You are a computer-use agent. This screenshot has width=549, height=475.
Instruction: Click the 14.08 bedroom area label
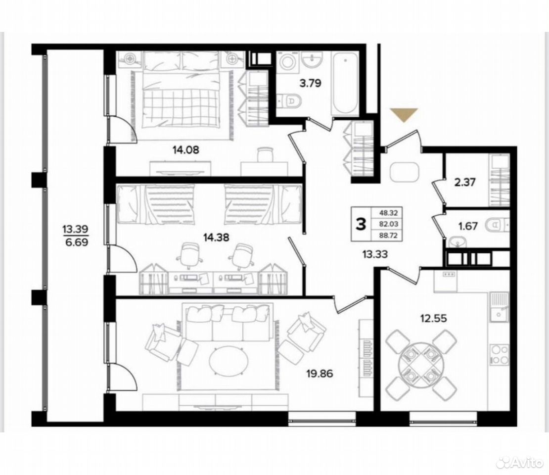coord(185,150)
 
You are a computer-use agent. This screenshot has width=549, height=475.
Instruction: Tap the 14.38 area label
coord(216,237)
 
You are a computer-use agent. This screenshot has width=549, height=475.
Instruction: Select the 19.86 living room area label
coord(320,374)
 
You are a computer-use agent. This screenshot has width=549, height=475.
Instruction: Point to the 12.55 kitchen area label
coord(433,319)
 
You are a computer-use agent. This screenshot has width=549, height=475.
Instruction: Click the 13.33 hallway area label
coord(374,254)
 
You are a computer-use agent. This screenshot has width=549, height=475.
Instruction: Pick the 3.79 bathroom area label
coord(310,83)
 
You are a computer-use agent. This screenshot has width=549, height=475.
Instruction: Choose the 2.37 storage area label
coord(464,183)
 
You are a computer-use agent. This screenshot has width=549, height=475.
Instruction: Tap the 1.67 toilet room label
coord(468,226)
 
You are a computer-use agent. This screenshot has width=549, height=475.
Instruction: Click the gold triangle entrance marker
coord(405,115)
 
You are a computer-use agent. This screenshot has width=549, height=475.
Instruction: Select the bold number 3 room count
coord(361,224)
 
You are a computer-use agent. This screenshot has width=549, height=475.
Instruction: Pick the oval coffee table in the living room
coord(229,362)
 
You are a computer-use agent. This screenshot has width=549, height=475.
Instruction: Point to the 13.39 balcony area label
coord(75,229)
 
